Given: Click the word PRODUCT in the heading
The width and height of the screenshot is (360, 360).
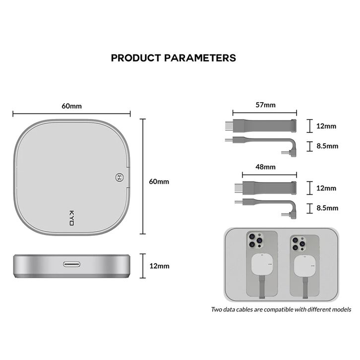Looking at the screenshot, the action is [x=136, y=58].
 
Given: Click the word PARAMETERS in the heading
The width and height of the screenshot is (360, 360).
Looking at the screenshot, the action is [x=200, y=58].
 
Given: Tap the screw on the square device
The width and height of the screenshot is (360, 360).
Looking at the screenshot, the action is [x=120, y=177].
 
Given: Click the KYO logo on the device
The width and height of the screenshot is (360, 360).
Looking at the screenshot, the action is [x=71, y=218].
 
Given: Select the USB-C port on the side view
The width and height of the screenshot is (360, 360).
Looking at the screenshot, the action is [x=71, y=264].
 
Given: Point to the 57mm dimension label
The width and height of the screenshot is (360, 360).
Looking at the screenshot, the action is [x=265, y=105].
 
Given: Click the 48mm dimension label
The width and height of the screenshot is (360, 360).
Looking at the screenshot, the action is [x=265, y=167].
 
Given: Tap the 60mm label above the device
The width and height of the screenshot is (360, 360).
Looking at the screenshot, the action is [x=71, y=106].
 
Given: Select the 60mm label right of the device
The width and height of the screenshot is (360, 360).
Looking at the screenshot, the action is [x=159, y=181].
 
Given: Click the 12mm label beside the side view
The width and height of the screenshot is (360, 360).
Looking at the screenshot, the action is [x=159, y=266].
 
